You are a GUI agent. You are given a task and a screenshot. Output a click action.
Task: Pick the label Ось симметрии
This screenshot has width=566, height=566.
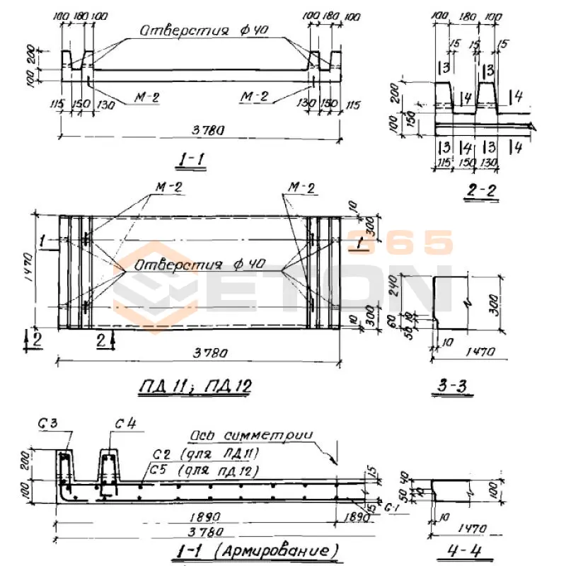tap(251, 435)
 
